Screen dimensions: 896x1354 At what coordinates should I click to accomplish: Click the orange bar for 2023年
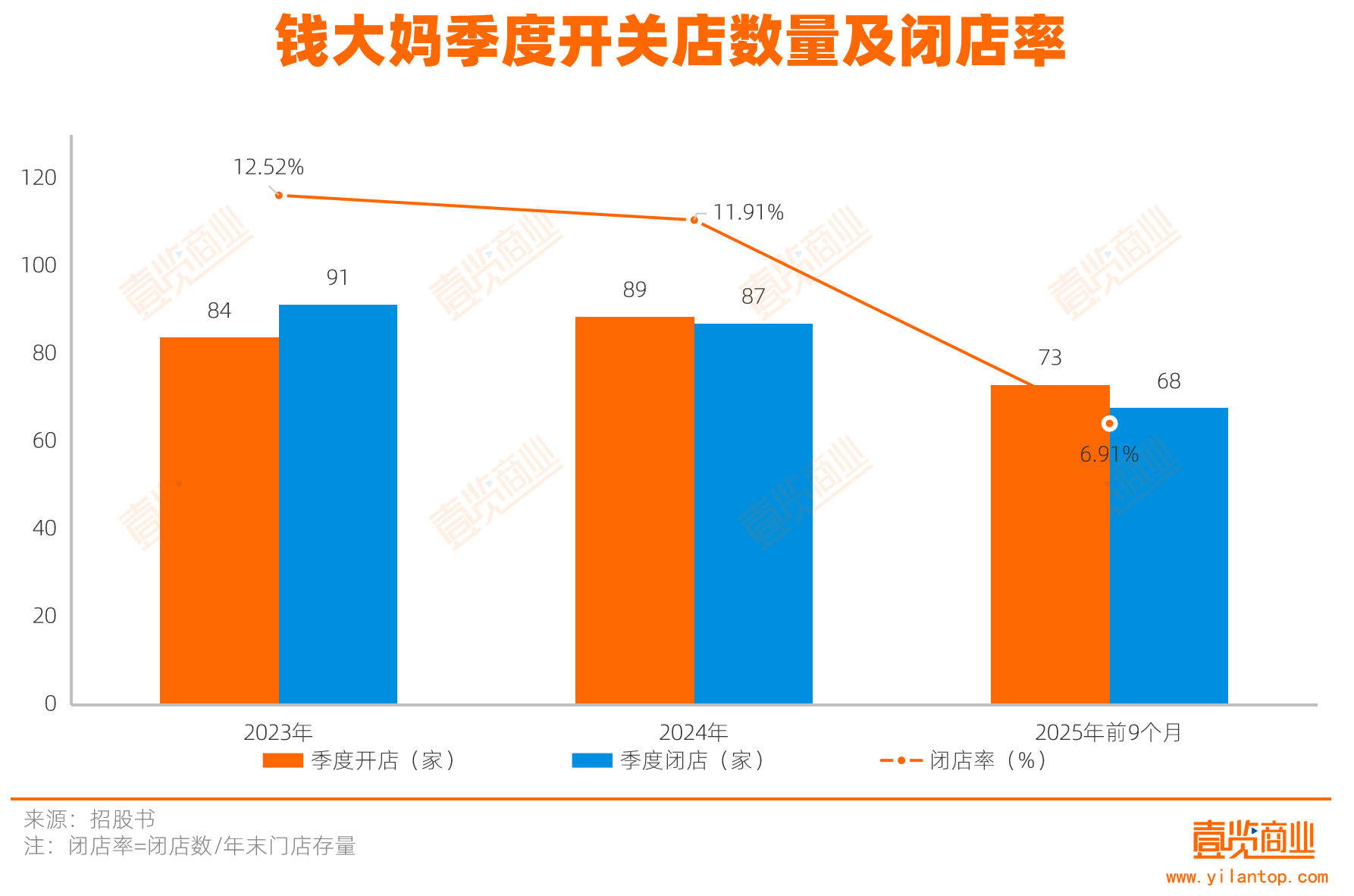(x=219, y=520)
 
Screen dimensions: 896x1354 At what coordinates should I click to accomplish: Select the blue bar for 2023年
(x=338, y=504)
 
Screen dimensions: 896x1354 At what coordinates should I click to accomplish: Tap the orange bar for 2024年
(x=635, y=510)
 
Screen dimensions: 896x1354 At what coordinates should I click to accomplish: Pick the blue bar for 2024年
(x=754, y=513)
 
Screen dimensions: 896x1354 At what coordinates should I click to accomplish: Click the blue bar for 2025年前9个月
(x=1169, y=556)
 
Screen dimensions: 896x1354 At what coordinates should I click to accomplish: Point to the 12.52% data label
(x=268, y=168)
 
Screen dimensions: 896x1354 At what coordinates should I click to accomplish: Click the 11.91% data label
(x=748, y=213)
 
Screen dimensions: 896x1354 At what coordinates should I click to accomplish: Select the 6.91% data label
(x=1109, y=455)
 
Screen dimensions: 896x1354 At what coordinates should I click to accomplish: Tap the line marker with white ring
(x=1110, y=423)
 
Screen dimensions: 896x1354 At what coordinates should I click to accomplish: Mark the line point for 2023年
(x=279, y=196)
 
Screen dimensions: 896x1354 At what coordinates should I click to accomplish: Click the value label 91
(x=337, y=278)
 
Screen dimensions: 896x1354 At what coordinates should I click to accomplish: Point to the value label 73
(x=1050, y=358)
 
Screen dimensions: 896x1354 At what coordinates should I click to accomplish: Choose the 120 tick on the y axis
(x=39, y=178)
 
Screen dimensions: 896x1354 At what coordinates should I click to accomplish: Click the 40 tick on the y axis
(x=44, y=528)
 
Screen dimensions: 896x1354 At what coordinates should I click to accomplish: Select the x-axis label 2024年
(x=694, y=732)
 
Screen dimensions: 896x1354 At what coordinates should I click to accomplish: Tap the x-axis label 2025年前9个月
(x=1108, y=732)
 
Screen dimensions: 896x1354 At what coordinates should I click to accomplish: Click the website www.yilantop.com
(x=1247, y=877)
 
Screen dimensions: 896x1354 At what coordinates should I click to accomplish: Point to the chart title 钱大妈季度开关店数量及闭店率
(x=671, y=42)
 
